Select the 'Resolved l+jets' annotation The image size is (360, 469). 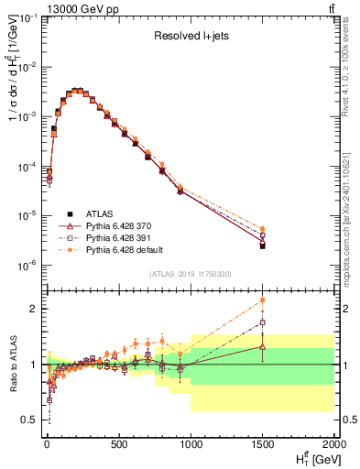point(190,38)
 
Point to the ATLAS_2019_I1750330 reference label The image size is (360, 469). point(190,274)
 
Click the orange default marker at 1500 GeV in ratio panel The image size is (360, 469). point(263,300)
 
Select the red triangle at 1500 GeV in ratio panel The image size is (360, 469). point(263,346)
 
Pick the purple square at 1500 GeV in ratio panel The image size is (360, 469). point(263,322)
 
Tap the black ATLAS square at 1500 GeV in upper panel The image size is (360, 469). point(263,245)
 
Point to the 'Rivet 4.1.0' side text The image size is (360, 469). point(351,64)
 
